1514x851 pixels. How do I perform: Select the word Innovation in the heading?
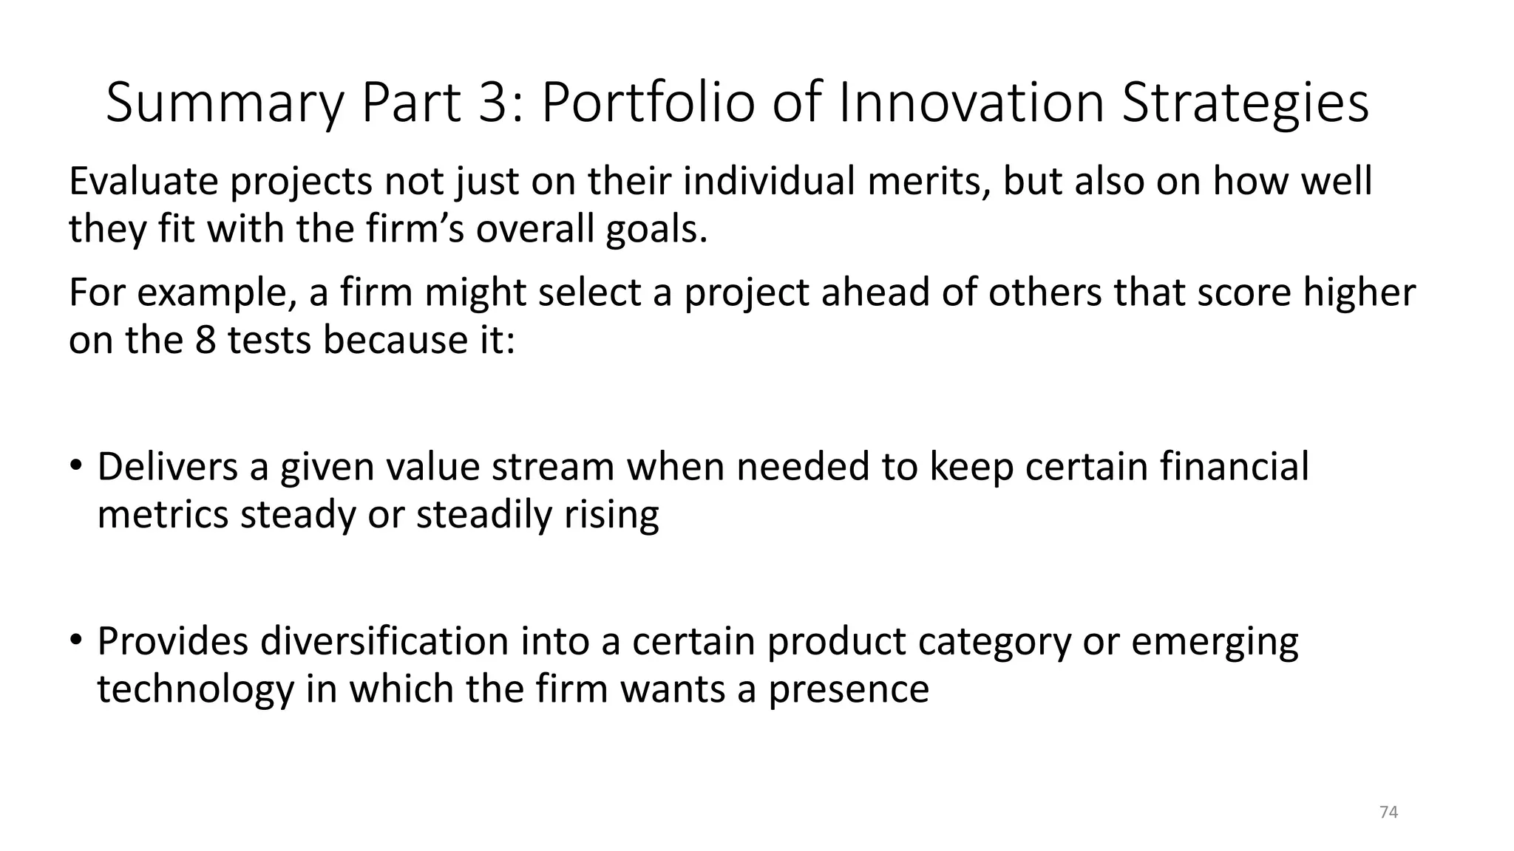pos(971,103)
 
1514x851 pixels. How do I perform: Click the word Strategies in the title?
pos(1245,103)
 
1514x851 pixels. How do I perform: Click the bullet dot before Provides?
pos(76,640)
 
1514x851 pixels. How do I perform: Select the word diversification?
pos(384,641)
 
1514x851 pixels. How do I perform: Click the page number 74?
pos(1388,813)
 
